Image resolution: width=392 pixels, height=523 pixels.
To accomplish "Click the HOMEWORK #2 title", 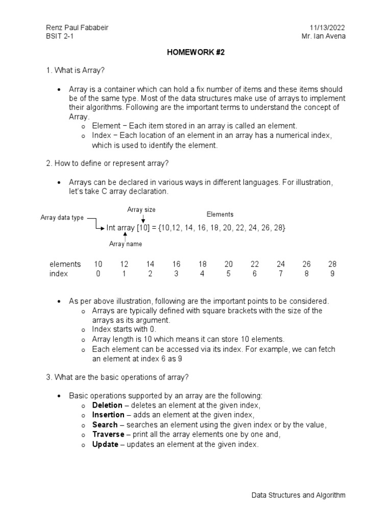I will pos(196,52).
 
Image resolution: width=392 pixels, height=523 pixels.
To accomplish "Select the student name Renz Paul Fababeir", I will pos(77,28).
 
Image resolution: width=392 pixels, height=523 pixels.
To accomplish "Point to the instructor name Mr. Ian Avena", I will pos(324,37).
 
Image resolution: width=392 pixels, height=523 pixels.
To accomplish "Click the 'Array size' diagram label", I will pos(141,209).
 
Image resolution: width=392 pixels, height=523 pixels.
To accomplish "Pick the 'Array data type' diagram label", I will pos(62,218).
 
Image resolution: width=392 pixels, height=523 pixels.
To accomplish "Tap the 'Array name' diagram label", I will pos(126,244).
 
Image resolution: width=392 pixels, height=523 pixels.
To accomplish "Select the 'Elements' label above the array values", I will pos(220,215).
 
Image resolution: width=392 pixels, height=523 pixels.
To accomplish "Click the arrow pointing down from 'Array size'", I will pos(143,219).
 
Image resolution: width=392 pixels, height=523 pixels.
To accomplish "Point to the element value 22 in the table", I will pos(255,264).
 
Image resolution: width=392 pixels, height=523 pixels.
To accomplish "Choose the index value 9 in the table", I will pos(333,274).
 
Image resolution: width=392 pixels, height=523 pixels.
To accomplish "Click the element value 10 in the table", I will pos(98,264).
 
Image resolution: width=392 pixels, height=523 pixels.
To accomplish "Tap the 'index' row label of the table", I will pos(59,274).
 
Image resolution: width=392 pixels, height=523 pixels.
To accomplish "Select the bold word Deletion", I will pos(107,405).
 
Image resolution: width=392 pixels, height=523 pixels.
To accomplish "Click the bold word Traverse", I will pos(108,434).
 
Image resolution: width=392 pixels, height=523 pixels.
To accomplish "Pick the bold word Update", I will pos(105,444).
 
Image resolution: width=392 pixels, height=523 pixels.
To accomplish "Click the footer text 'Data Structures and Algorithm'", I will pos(299,495).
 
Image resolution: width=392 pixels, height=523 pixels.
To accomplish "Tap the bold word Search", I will pos(105,424).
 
